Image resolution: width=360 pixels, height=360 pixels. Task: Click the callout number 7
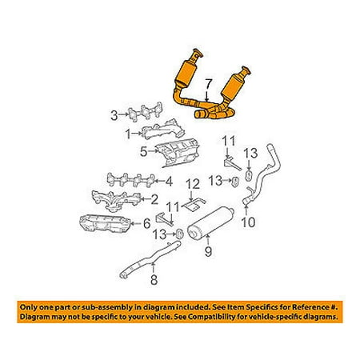point(208,86)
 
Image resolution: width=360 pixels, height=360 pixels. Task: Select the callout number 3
point(114,116)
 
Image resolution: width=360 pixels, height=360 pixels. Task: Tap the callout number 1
point(128,134)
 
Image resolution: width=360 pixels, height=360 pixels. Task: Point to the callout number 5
point(144,152)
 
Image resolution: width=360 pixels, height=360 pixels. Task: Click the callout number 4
point(169,182)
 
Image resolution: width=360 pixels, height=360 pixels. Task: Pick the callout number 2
point(154,199)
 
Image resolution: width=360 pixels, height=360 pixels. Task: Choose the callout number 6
point(147,223)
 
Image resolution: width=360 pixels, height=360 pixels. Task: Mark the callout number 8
point(154,279)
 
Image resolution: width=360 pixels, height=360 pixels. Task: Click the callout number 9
point(208,251)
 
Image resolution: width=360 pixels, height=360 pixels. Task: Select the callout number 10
point(248,222)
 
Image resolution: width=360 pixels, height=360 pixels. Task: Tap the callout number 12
point(193,184)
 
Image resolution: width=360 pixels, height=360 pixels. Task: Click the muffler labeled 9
point(210,223)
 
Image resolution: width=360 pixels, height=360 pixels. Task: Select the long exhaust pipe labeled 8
point(150,259)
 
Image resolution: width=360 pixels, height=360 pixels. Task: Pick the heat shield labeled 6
point(106,223)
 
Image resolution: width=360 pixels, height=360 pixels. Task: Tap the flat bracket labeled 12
point(194,205)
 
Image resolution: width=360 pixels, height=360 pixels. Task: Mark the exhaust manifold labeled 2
point(116,200)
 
